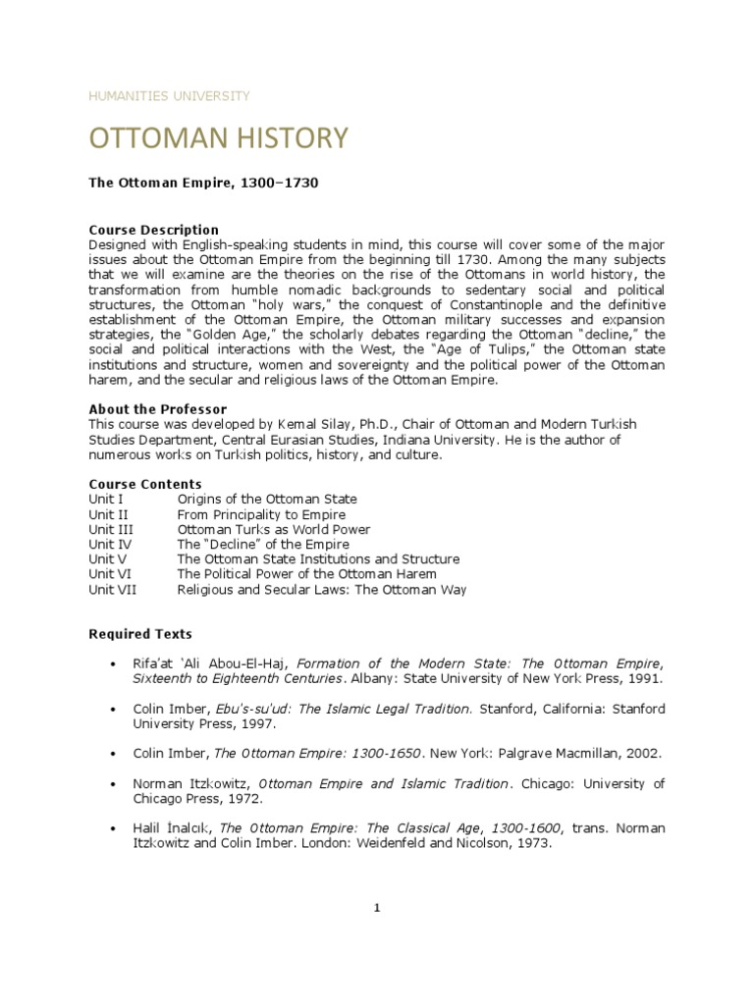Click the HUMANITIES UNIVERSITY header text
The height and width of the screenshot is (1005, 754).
[x=169, y=96]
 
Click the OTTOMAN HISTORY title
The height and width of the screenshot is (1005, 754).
[x=218, y=138]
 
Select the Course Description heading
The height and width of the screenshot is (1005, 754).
[x=153, y=231]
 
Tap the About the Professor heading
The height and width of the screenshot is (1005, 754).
[x=157, y=409]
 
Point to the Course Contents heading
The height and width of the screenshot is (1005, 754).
[x=145, y=485]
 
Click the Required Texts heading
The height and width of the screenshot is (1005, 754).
[x=140, y=634]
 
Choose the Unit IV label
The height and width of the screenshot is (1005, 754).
[x=110, y=545]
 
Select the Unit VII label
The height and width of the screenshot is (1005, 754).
[x=114, y=590]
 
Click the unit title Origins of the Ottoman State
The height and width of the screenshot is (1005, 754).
[x=267, y=500]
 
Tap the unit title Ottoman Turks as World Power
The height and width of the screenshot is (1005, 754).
[x=273, y=530]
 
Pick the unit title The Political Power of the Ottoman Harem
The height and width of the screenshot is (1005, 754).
[x=306, y=574]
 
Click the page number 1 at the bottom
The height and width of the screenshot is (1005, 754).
[x=376, y=908]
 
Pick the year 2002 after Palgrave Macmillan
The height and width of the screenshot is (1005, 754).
[x=642, y=754]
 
